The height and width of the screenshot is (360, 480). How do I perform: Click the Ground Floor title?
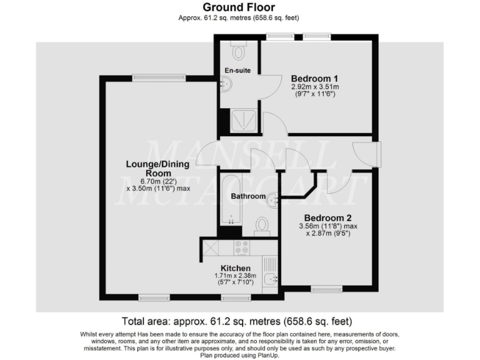pos(239,7)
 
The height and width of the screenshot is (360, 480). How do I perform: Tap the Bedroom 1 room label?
pos(315,78)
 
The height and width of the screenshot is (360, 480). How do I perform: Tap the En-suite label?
pos(237,71)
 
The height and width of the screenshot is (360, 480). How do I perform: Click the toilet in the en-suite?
pos(237,49)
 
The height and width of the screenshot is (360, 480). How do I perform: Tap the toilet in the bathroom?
pos(262,224)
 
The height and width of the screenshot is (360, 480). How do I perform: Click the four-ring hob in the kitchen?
pos(241,247)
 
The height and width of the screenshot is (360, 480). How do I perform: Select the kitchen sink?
pos(271,279)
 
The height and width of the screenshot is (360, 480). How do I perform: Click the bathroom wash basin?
pos(272,201)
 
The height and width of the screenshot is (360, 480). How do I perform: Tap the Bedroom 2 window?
pos(326,289)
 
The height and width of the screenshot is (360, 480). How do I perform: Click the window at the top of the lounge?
pos(159,77)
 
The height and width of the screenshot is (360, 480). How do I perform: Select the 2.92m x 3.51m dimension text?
pos(315,87)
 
